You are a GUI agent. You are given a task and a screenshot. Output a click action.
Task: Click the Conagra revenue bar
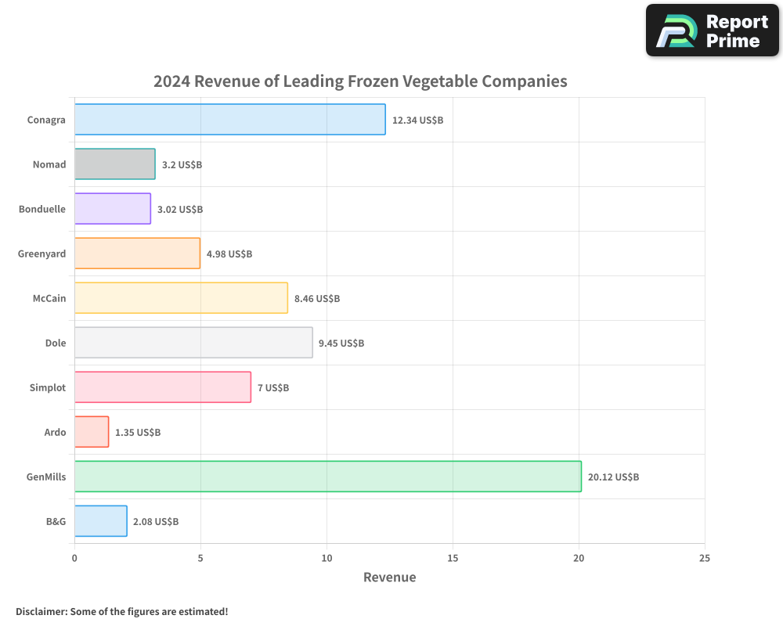click(229, 120)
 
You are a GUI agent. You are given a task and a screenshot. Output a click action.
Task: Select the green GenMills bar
click(327, 477)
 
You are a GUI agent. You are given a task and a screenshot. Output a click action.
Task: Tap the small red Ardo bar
click(92, 432)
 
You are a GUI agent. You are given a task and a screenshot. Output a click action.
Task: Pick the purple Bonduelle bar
click(113, 209)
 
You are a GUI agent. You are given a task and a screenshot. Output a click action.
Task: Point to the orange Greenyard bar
click(137, 254)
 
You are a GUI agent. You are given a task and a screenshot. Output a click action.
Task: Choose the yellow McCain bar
click(181, 298)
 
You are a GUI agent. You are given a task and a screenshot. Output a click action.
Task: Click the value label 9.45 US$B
click(341, 344)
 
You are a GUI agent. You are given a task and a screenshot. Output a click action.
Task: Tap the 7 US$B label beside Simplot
click(273, 388)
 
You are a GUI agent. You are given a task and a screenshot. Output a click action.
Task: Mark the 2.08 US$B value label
click(156, 522)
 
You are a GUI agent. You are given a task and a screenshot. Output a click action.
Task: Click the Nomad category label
click(49, 165)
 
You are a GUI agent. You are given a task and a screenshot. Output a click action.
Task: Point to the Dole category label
click(56, 344)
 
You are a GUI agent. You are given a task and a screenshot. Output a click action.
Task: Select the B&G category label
click(56, 522)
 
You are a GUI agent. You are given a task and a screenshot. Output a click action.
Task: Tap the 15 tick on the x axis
click(453, 559)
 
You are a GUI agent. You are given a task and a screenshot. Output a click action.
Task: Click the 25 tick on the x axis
click(705, 559)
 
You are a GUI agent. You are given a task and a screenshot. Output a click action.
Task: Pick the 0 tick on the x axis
click(74, 559)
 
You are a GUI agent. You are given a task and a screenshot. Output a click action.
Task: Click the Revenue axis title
click(390, 577)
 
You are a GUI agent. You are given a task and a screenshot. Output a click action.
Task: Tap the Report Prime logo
click(713, 31)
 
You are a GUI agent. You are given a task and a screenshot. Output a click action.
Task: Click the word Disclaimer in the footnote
click(41, 612)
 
